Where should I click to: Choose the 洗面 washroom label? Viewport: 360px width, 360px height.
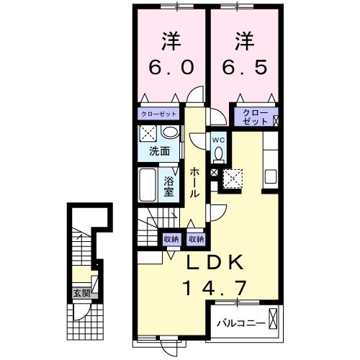point(159,151)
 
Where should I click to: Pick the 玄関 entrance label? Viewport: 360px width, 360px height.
point(81,293)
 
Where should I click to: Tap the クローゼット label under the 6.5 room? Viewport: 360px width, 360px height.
point(253,117)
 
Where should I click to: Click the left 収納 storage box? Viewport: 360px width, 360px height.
point(171,238)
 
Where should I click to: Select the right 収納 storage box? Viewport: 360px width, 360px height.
point(196,238)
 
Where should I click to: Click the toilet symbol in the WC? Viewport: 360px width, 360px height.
point(219,153)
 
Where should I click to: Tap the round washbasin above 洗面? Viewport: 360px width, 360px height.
point(170,132)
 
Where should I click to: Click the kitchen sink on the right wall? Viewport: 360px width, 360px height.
point(271,176)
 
